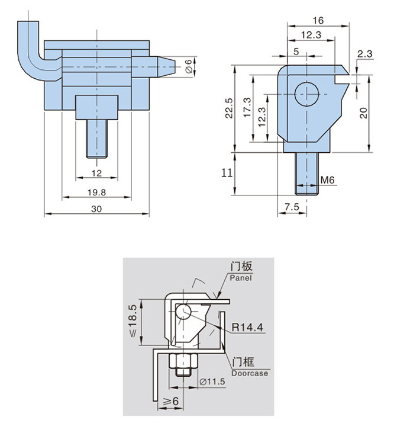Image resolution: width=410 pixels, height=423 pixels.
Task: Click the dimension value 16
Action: point(318,20)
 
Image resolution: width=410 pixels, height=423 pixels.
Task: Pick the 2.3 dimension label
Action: point(365,54)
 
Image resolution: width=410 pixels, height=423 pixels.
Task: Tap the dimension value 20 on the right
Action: point(364,112)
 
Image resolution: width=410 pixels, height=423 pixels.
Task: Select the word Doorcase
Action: point(250,373)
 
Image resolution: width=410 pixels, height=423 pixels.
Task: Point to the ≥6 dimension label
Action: point(172,402)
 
